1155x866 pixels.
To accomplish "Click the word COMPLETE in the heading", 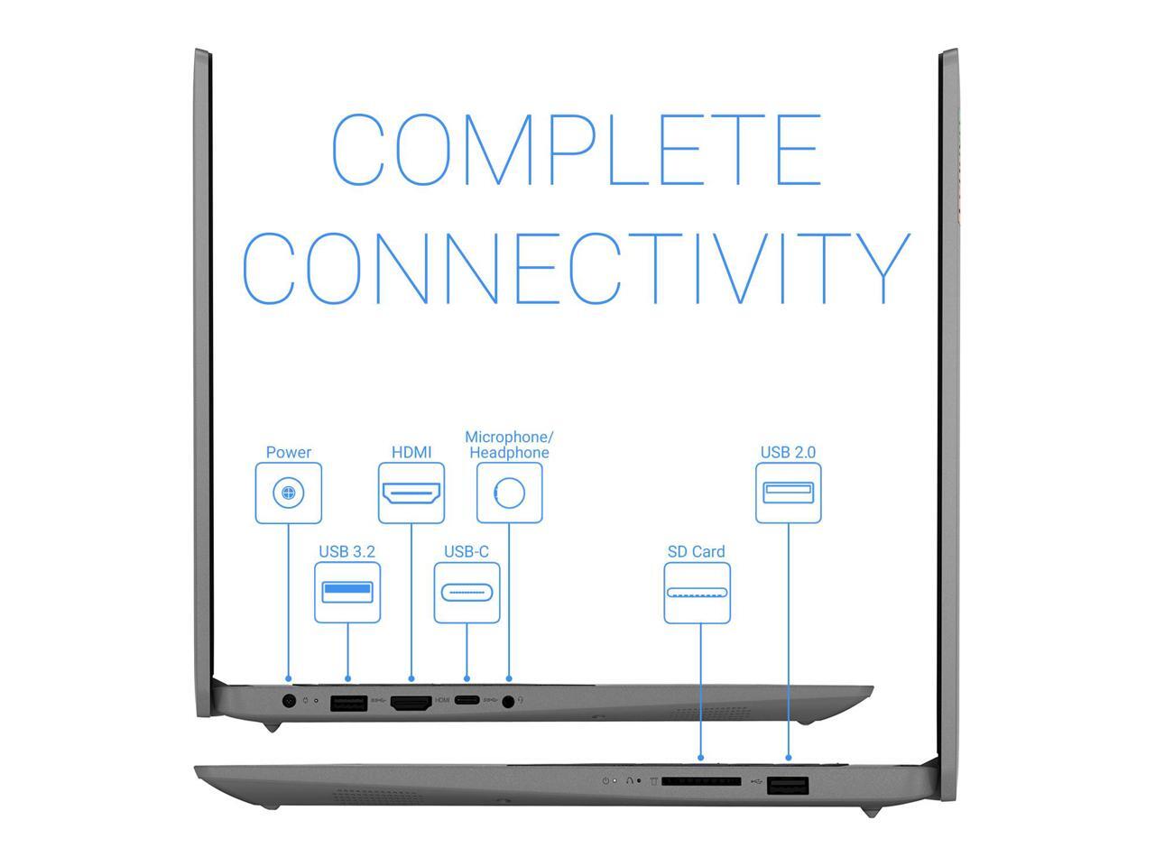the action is coord(576,150).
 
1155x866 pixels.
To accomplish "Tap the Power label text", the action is coord(289,452).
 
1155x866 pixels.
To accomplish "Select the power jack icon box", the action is coord(289,493).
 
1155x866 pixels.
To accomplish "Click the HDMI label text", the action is coord(411,452).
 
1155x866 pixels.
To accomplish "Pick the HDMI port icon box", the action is coord(411,493).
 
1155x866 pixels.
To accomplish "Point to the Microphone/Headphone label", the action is coord(509,445).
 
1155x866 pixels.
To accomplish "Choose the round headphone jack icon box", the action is coord(510,493).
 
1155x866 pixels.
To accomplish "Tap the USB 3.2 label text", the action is coord(347,551).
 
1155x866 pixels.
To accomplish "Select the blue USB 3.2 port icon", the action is coord(347,593).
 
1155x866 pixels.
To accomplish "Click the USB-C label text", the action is coord(467,551).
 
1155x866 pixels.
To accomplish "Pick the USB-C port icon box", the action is coord(467,593).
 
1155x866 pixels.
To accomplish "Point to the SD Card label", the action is coord(697,551).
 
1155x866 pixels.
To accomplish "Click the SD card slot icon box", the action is coord(697,593).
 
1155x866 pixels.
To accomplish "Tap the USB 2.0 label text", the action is coord(789,452).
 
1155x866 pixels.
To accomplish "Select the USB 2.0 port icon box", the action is coord(789,493).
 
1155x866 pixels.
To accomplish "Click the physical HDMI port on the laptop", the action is coord(411,703).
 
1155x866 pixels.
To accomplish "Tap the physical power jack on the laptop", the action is coord(289,700).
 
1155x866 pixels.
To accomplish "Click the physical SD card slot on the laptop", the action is coord(701,781).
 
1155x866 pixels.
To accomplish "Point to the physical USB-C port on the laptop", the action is coord(467,700).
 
